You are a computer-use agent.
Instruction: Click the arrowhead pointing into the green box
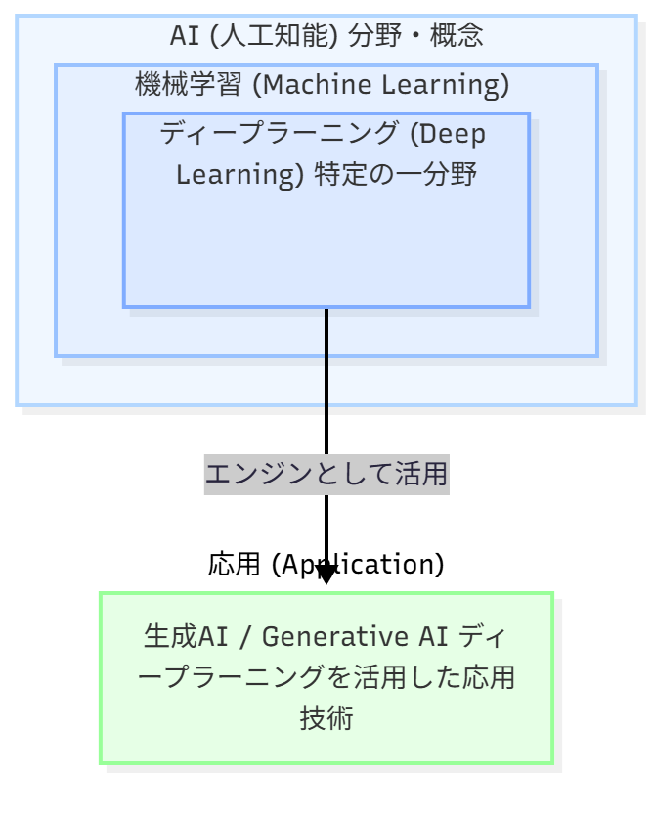coord(326,575)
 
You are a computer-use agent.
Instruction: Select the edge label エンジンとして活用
coord(326,475)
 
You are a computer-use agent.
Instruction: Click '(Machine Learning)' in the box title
coord(380,85)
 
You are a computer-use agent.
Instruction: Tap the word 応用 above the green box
coord(234,565)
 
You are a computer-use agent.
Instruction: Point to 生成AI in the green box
coord(185,637)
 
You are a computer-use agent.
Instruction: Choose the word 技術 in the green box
coord(326,719)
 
